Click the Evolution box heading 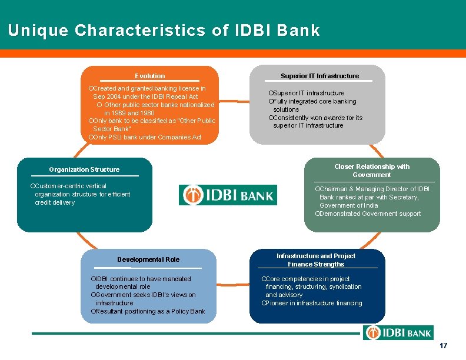click(x=149, y=76)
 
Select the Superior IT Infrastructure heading click(x=319, y=76)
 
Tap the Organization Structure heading click(x=84, y=169)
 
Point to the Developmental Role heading click(x=148, y=259)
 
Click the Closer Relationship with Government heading click(x=372, y=171)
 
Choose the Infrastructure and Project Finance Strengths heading click(x=316, y=260)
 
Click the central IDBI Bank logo click(x=228, y=195)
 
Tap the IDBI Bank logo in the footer click(x=398, y=333)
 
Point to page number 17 click(x=444, y=346)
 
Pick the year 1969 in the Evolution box click(x=118, y=113)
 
